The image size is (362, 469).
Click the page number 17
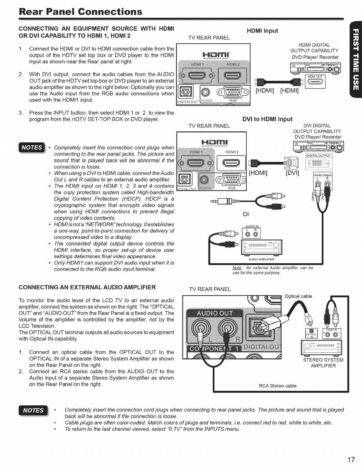click(x=351, y=460)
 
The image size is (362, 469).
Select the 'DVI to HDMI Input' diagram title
click(x=267, y=119)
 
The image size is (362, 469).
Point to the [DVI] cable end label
click(x=292, y=173)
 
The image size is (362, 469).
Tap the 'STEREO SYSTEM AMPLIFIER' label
click(x=323, y=363)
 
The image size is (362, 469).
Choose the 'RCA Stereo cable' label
click(x=277, y=386)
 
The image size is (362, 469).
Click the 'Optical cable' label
click(x=298, y=296)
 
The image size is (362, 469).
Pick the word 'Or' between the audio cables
click(x=246, y=214)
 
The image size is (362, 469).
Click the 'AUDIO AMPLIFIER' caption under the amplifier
click(x=261, y=259)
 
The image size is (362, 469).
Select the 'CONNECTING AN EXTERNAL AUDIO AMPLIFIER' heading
click(x=87, y=287)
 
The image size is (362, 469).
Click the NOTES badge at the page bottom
click(x=33, y=410)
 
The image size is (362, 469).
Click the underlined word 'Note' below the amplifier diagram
click(x=237, y=268)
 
